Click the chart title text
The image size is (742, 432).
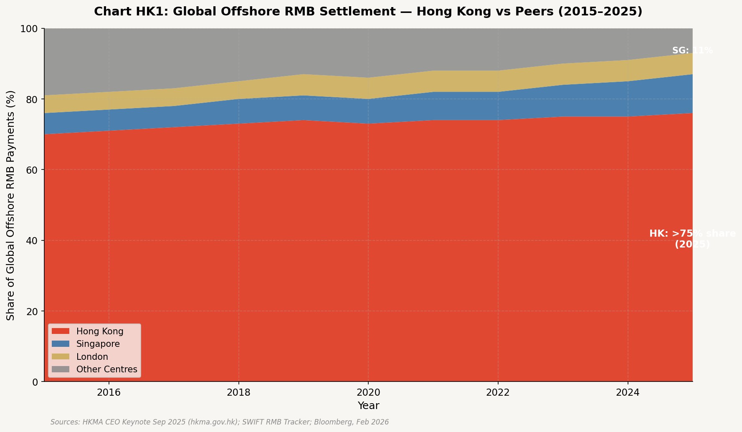click(368, 12)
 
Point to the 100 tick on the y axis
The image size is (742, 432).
click(32, 29)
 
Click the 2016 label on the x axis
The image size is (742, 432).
click(109, 393)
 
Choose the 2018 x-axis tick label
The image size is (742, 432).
click(238, 393)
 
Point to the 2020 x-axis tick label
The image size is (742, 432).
click(368, 393)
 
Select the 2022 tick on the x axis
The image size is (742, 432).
click(498, 393)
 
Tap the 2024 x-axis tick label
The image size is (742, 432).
click(628, 393)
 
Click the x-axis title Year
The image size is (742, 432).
click(368, 406)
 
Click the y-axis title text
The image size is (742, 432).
click(11, 205)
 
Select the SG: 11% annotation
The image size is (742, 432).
click(692, 51)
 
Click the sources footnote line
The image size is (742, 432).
click(220, 422)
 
